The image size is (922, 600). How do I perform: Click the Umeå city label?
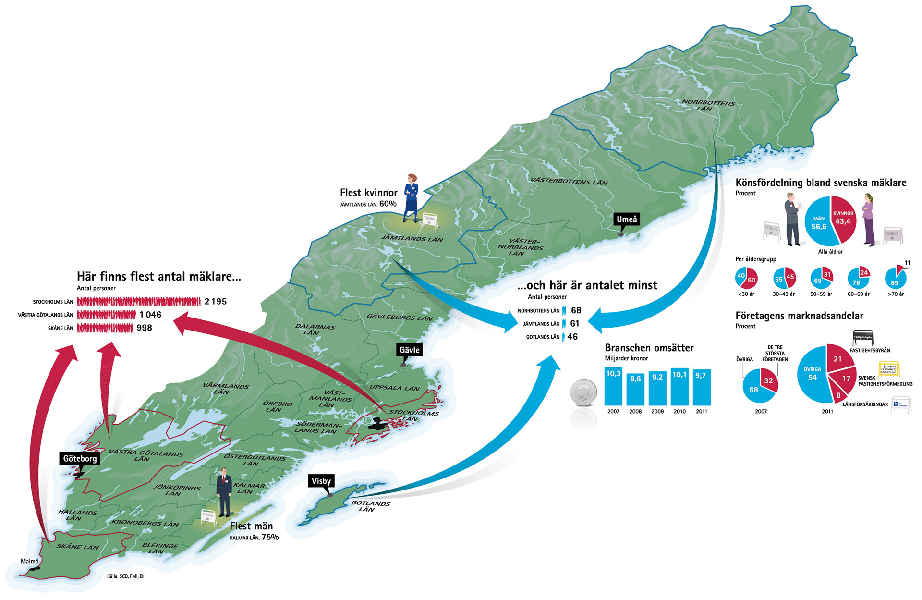pyautogui.click(x=627, y=220)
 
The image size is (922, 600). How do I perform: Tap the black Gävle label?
pyautogui.click(x=409, y=350)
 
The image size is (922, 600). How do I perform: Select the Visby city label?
pyautogui.click(x=321, y=481)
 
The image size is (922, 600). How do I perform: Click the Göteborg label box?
pyautogui.click(x=80, y=458)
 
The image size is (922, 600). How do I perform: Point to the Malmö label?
pyautogui.click(x=30, y=561)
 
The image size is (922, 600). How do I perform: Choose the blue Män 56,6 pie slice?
pyautogui.click(x=818, y=223)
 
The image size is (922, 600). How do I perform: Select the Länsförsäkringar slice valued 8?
pyautogui.click(x=838, y=395)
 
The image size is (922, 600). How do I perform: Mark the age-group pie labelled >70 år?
pyautogui.click(x=896, y=278)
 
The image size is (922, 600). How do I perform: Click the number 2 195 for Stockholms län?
pyautogui.click(x=215, y=302)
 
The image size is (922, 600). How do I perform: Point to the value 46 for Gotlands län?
pyautogui.click(x=572, y=337)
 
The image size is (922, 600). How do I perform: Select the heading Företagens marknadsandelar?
pyautogui.click(x=799, y=316)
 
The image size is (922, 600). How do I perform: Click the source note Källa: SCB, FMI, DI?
pyautogui.click(x=126, y=576)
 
